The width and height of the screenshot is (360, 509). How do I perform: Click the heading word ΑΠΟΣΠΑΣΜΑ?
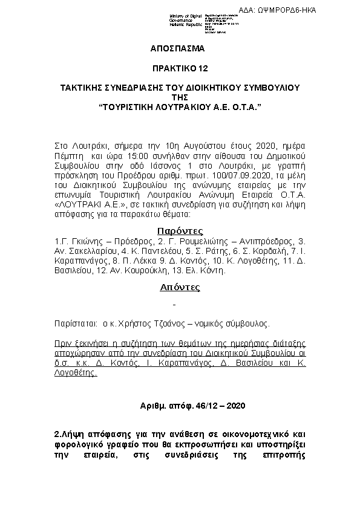[x=180, y=48]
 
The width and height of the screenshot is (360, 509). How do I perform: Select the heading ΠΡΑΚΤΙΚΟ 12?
[x=180, y=68]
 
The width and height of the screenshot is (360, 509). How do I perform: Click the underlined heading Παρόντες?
[x=180, y=230]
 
